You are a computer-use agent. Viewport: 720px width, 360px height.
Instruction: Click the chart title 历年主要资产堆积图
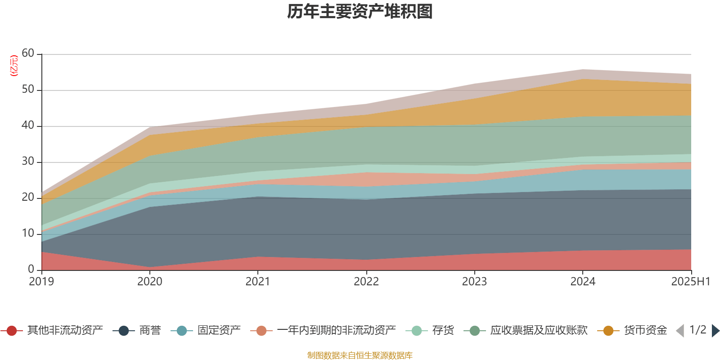360,12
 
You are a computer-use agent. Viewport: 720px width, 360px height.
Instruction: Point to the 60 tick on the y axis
28,54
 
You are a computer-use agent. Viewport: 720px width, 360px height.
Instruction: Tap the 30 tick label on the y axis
28,162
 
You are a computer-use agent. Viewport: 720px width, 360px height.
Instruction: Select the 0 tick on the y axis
31,270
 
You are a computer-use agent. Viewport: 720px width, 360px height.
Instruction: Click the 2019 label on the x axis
41,282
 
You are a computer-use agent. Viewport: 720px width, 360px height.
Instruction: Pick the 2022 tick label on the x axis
366,282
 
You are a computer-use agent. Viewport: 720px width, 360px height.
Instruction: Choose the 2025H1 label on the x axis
690,282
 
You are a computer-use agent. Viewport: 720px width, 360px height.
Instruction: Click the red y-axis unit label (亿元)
14,66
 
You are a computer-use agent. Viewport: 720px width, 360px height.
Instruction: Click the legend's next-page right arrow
715,331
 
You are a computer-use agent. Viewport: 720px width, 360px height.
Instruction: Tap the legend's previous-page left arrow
680,331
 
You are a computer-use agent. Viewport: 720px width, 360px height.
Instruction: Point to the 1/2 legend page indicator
697,330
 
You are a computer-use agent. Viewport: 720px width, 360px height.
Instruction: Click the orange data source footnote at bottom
360,355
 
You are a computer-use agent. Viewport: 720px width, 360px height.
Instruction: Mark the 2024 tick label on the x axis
583,282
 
